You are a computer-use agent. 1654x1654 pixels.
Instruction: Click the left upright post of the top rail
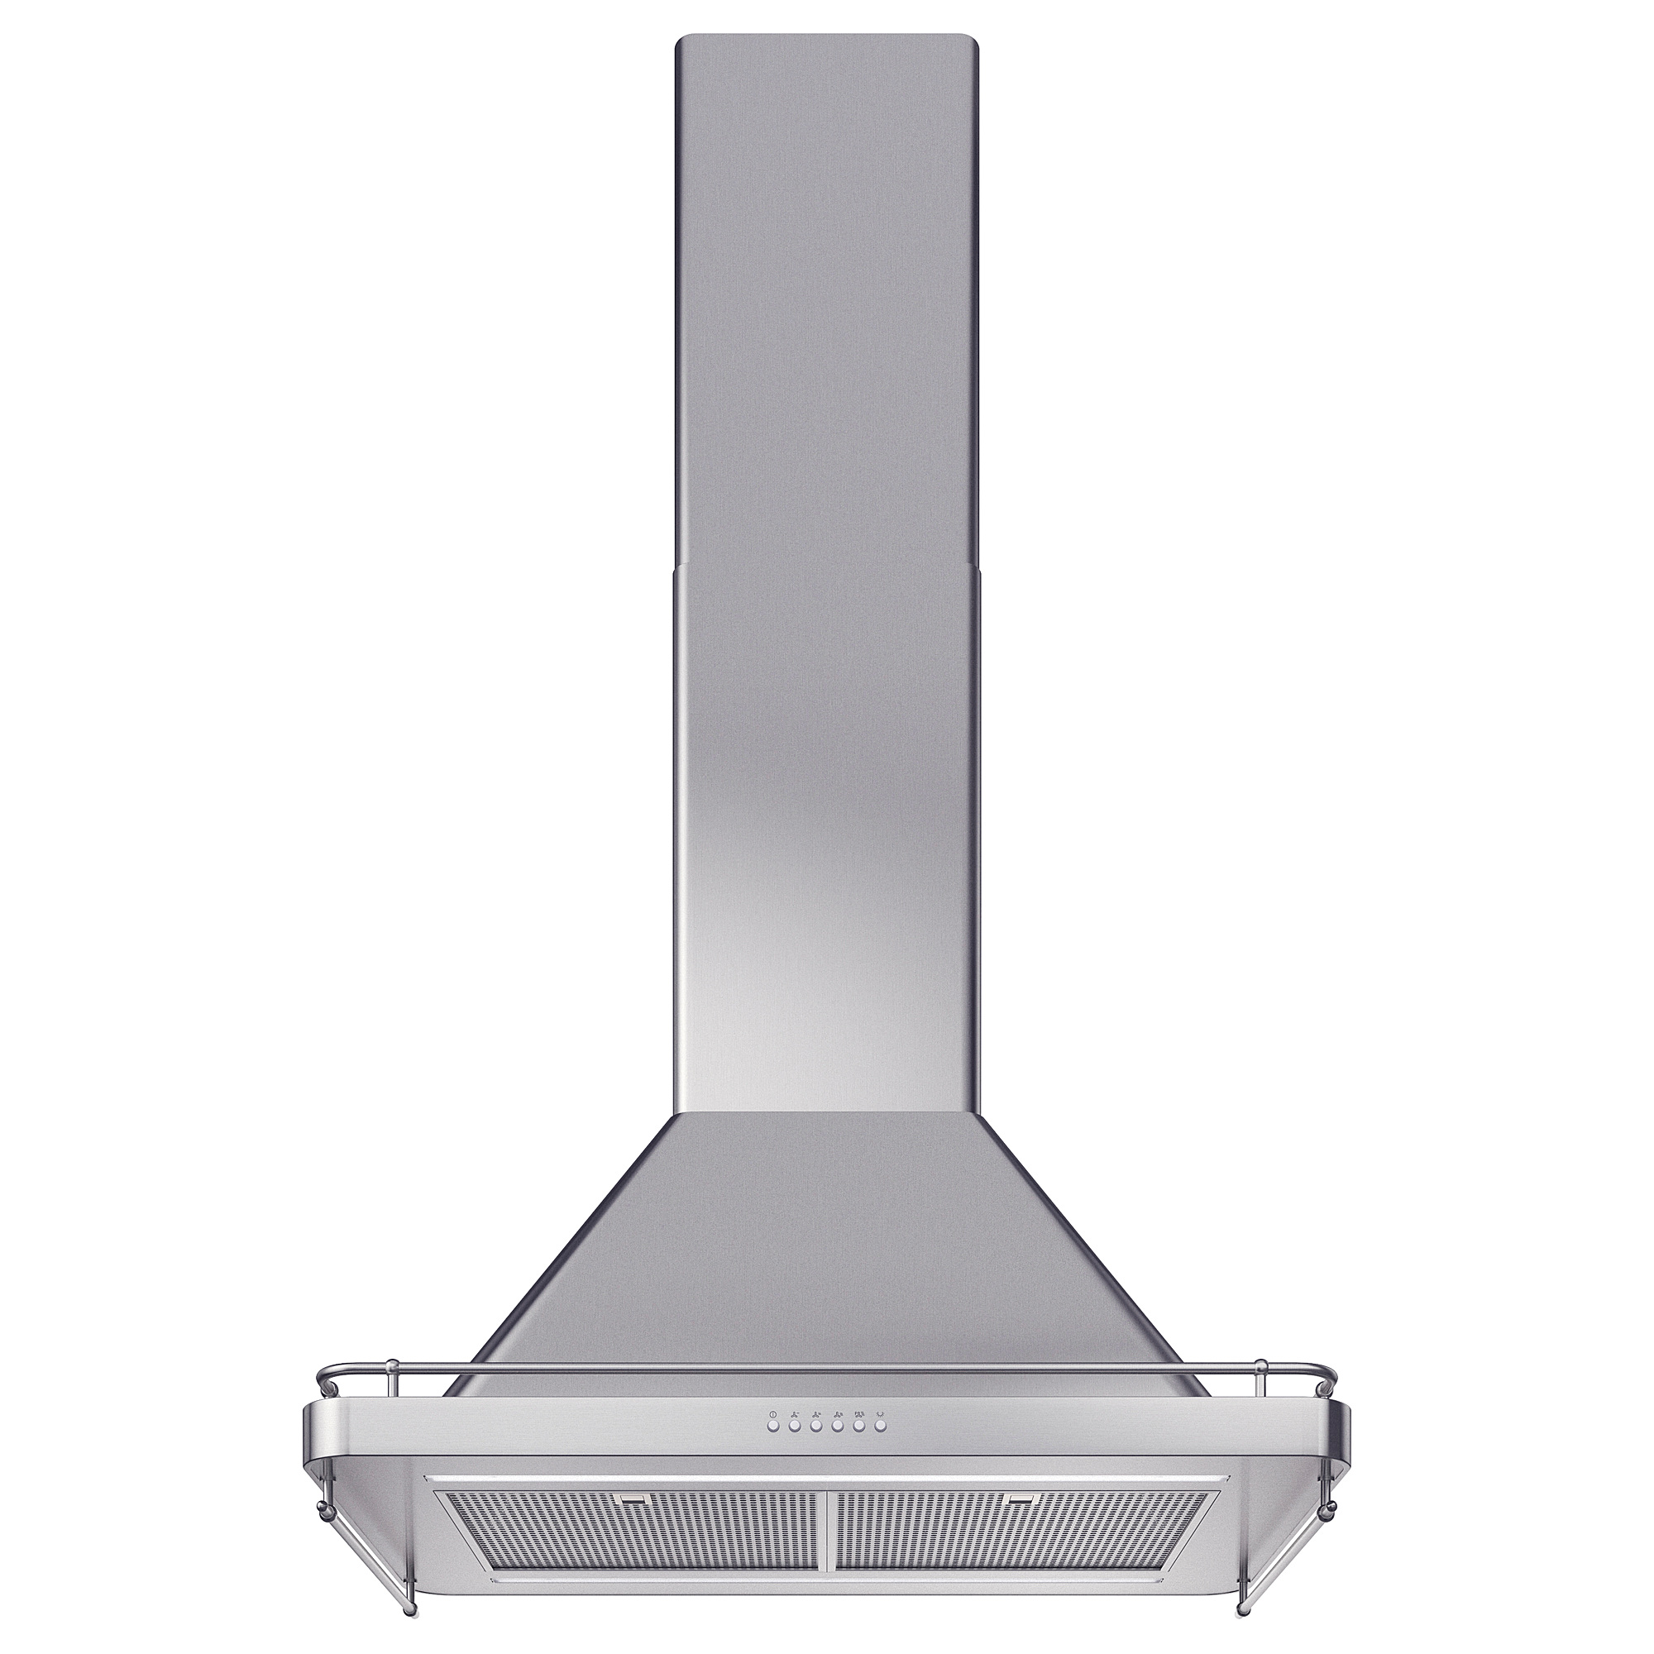[390, 1376]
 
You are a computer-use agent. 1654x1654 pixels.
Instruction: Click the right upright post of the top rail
[1262, 1376]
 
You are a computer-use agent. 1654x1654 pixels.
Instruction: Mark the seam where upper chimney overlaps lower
[826, 565]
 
